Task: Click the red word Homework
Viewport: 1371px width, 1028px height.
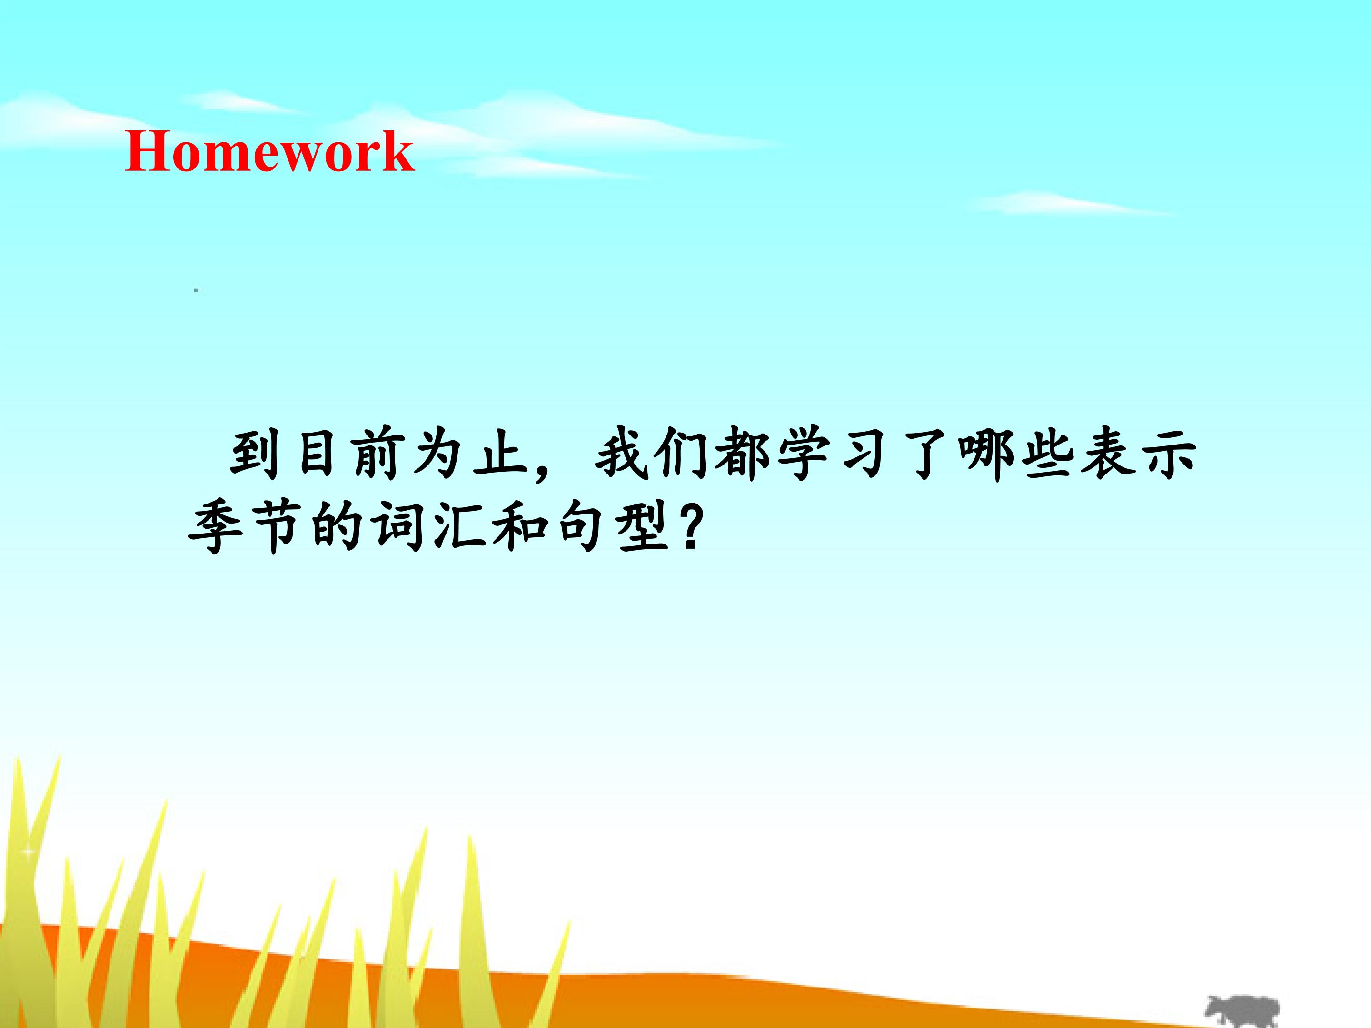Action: click(x=269, y=151)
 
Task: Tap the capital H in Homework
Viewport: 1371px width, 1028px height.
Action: click(x=148, y=151)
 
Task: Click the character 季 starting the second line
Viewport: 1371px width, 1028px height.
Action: click(x=214, y=527)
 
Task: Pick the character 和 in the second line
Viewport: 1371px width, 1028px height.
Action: click(x=520, y=527)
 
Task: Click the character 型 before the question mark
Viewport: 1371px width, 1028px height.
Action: click(x=642, y=527)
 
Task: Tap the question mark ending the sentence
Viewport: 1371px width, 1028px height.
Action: click(x=690, y=527)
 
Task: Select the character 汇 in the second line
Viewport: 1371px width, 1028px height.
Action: click(x=458, y=527)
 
